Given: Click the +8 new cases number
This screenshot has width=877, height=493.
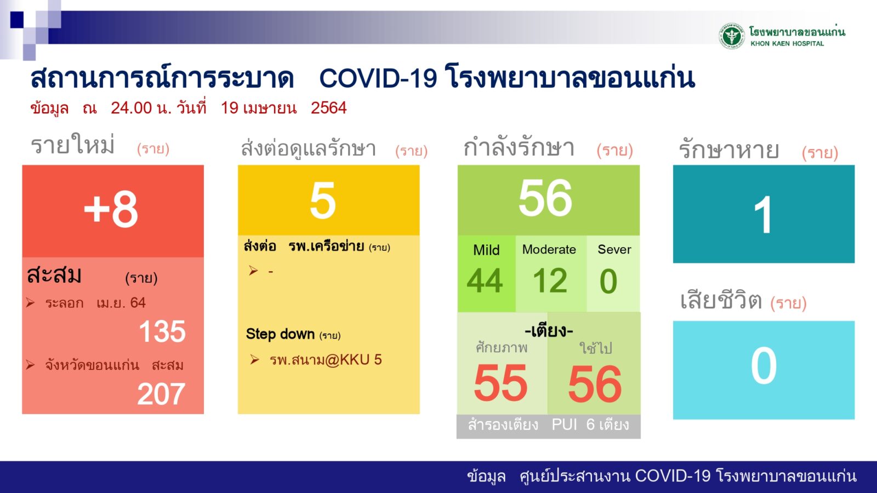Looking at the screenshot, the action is pos(111,210).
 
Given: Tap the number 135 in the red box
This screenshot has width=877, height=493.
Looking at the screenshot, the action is pos(162,331).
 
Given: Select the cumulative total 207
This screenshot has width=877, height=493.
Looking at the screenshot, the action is pos(161,394).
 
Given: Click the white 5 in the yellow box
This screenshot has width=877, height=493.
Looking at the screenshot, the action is pos(323,200).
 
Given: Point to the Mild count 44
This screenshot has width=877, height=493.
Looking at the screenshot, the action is pos(485,280).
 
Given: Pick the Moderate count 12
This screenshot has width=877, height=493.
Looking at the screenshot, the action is pos(550,280).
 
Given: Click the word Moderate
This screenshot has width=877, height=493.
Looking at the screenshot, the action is pos(549,249).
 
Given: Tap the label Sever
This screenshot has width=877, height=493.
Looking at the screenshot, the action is pos(614,249).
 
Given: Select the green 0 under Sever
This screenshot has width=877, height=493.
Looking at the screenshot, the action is pos(608,281).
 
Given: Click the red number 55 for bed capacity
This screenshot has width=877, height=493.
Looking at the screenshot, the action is pos(501,383).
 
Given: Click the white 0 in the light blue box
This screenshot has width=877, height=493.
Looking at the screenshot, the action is pos(764,365).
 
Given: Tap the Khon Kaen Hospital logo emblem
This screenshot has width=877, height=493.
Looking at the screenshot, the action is pos(731,36).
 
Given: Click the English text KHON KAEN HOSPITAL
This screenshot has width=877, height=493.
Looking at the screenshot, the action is pos(787,43).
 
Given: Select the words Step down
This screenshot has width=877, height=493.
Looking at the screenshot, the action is pos(280,334).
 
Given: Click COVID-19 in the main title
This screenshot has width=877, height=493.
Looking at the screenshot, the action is pos(378,78).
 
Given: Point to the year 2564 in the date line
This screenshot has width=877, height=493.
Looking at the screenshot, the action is pos(329,107).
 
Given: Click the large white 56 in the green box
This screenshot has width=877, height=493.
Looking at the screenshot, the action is pos(545,198).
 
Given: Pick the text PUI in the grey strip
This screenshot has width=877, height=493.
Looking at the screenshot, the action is pos(564,424).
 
